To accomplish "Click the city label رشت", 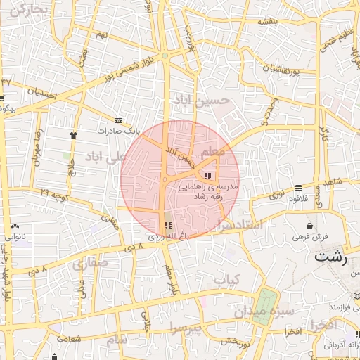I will coord(330,257).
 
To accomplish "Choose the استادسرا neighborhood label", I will coord(240,225).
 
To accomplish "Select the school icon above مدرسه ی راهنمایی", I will coord(207,176).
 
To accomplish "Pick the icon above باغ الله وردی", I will coord(167,226).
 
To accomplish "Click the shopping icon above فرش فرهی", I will coord(310,226).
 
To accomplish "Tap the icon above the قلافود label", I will coord(300,188).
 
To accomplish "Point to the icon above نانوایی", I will coord(15,226).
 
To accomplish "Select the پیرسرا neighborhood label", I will coord(185,327).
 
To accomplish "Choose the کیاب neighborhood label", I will coord(227,281).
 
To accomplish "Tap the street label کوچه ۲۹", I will coord(54,191).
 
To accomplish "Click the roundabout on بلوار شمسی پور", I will coord(165,56).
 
